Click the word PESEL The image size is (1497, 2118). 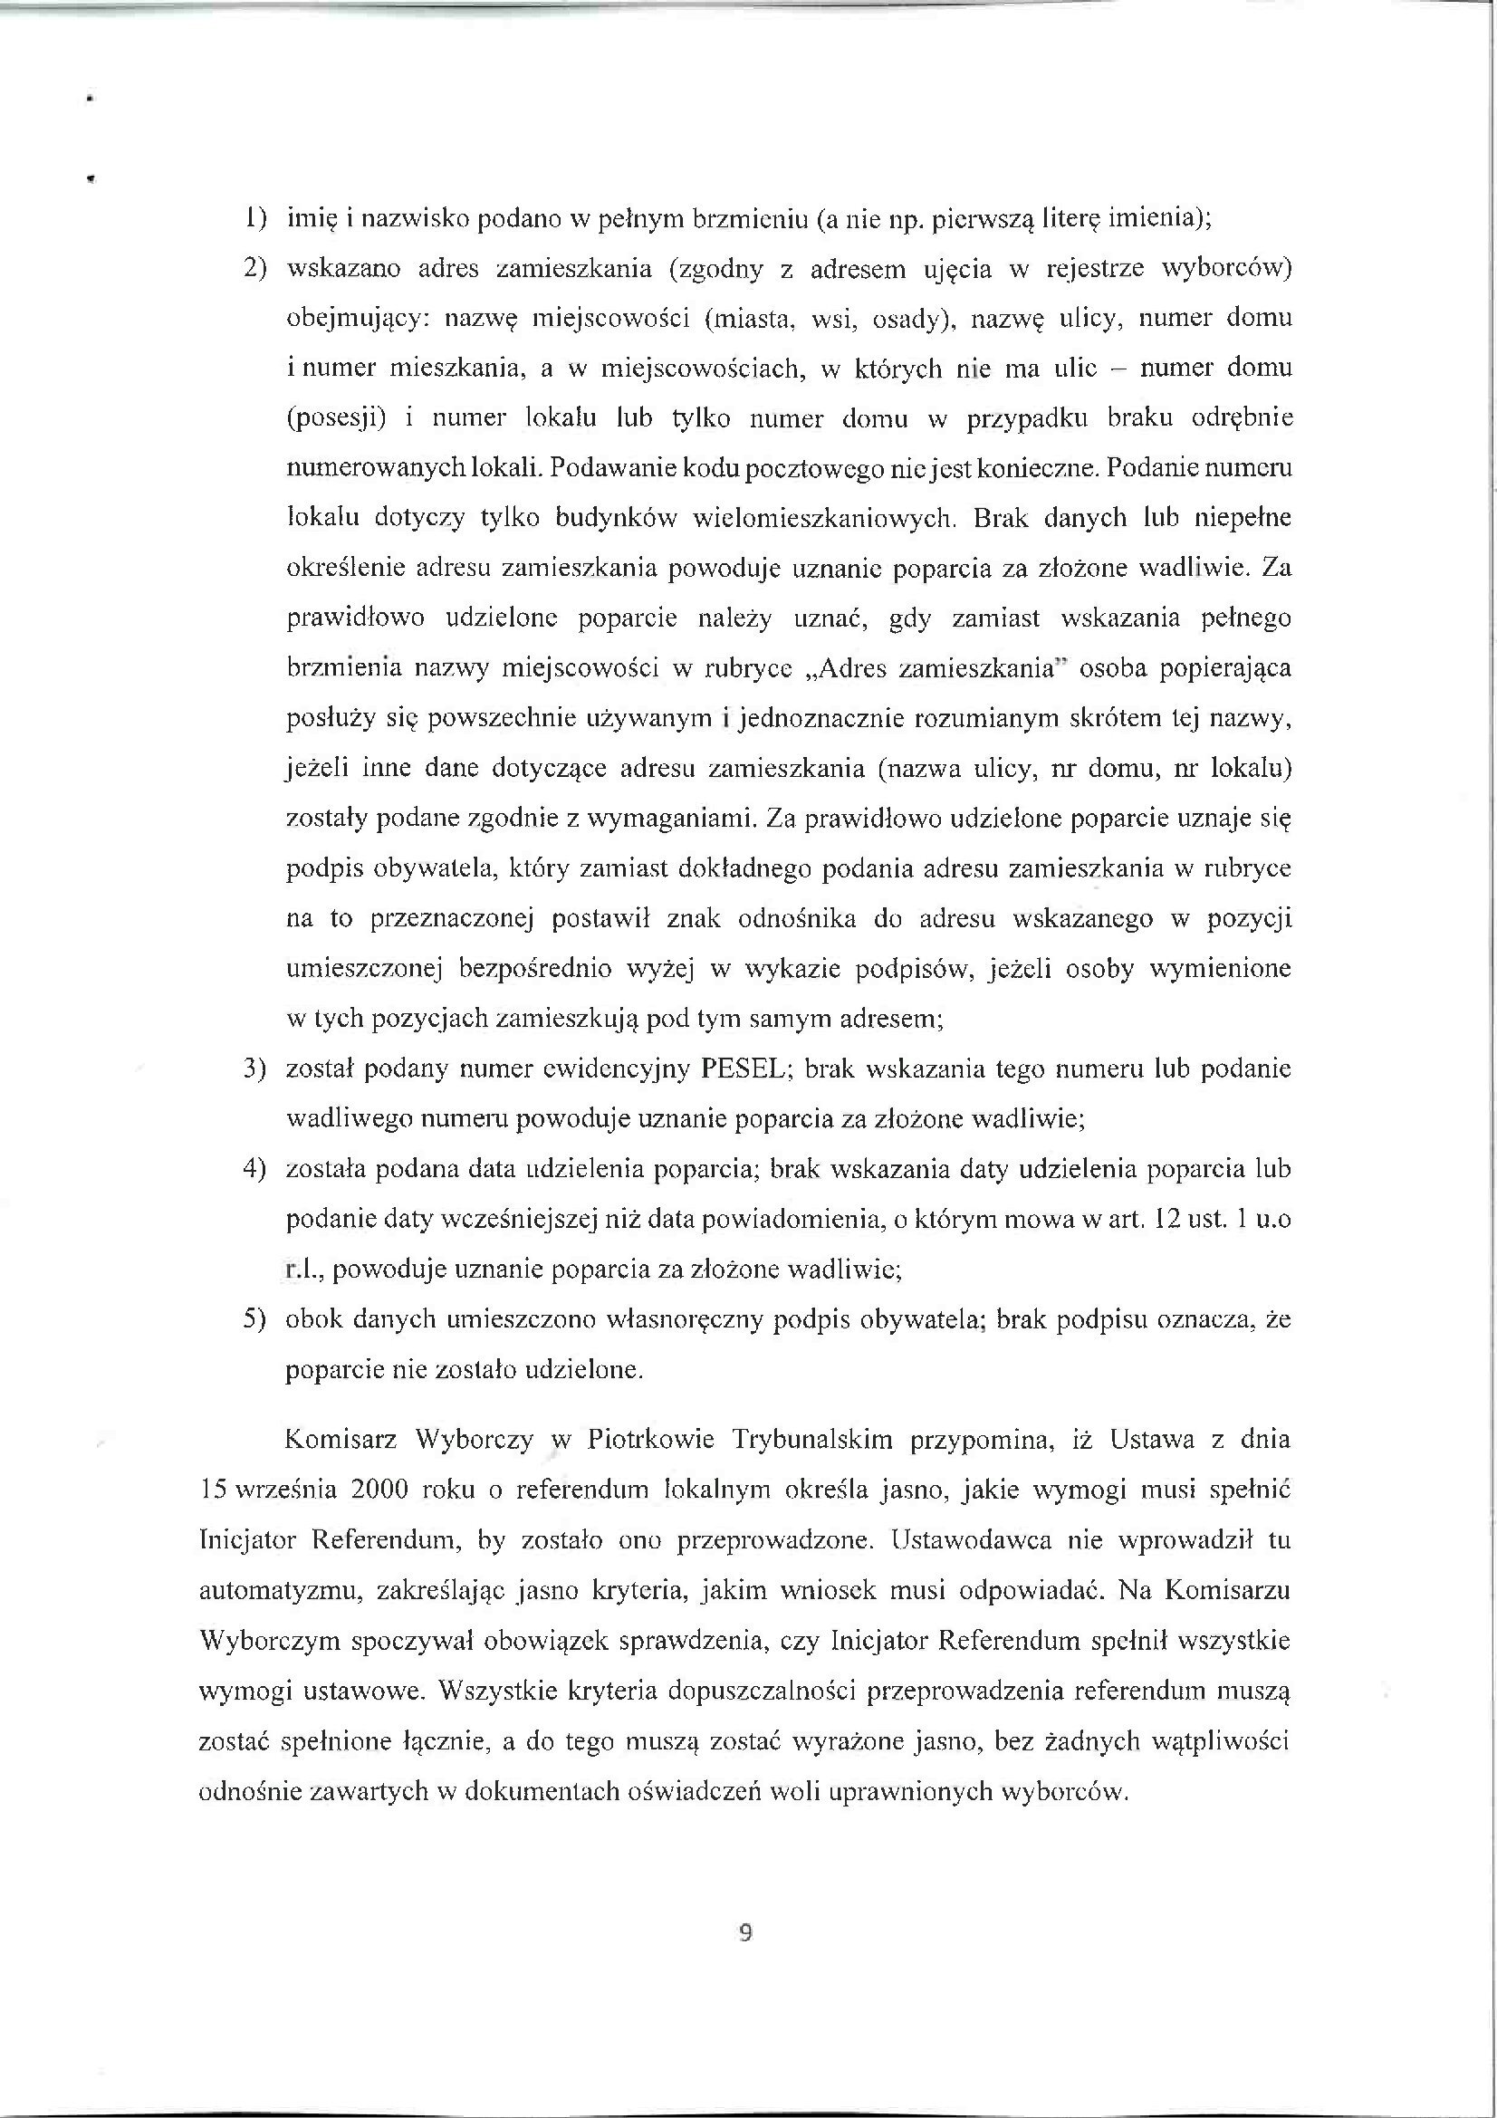[743, 1069]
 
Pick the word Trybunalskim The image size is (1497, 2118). [812, 1440]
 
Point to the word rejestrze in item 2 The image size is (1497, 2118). [1092, 268]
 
